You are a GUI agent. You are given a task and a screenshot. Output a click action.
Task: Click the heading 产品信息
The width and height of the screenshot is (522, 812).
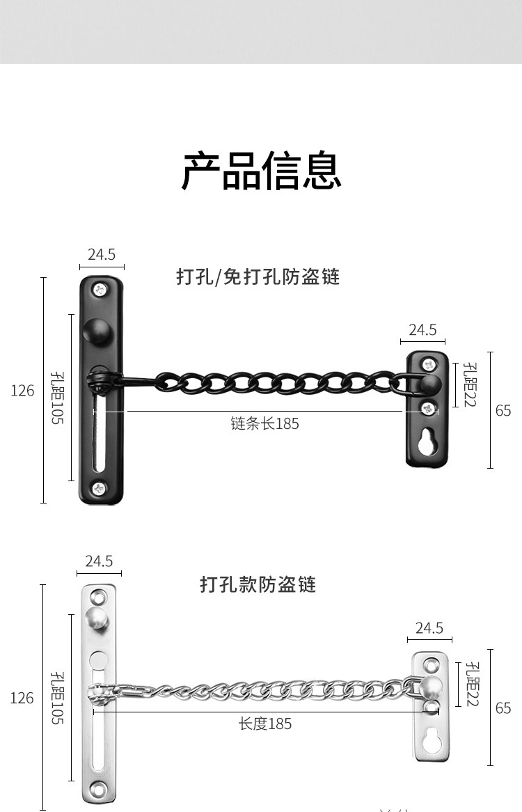click(x=261, y=172)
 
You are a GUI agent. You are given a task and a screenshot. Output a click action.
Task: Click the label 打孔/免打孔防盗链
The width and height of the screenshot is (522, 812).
click(x=258, y=277)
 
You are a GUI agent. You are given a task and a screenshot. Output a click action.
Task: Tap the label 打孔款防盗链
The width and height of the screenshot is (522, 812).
click(x=258, y=584)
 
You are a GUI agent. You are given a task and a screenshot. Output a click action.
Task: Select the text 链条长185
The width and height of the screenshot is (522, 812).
click(x=264, y=423)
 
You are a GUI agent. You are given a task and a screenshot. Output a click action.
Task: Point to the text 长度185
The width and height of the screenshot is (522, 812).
click(x=264, y=724)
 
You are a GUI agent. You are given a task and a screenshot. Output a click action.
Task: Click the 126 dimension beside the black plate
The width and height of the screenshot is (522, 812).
click(x=22, y=391)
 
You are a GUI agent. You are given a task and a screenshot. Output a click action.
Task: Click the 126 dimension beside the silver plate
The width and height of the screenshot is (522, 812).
click(x=22, y=698)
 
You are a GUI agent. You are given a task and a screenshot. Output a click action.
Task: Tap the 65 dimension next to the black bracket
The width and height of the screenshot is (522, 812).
click(x=503, y=410)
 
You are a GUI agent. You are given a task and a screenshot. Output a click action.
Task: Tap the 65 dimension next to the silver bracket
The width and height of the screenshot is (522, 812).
click(x=503, y=708)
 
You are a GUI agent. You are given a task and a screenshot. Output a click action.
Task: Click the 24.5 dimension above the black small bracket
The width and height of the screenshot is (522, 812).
click(x=422, y=329)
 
